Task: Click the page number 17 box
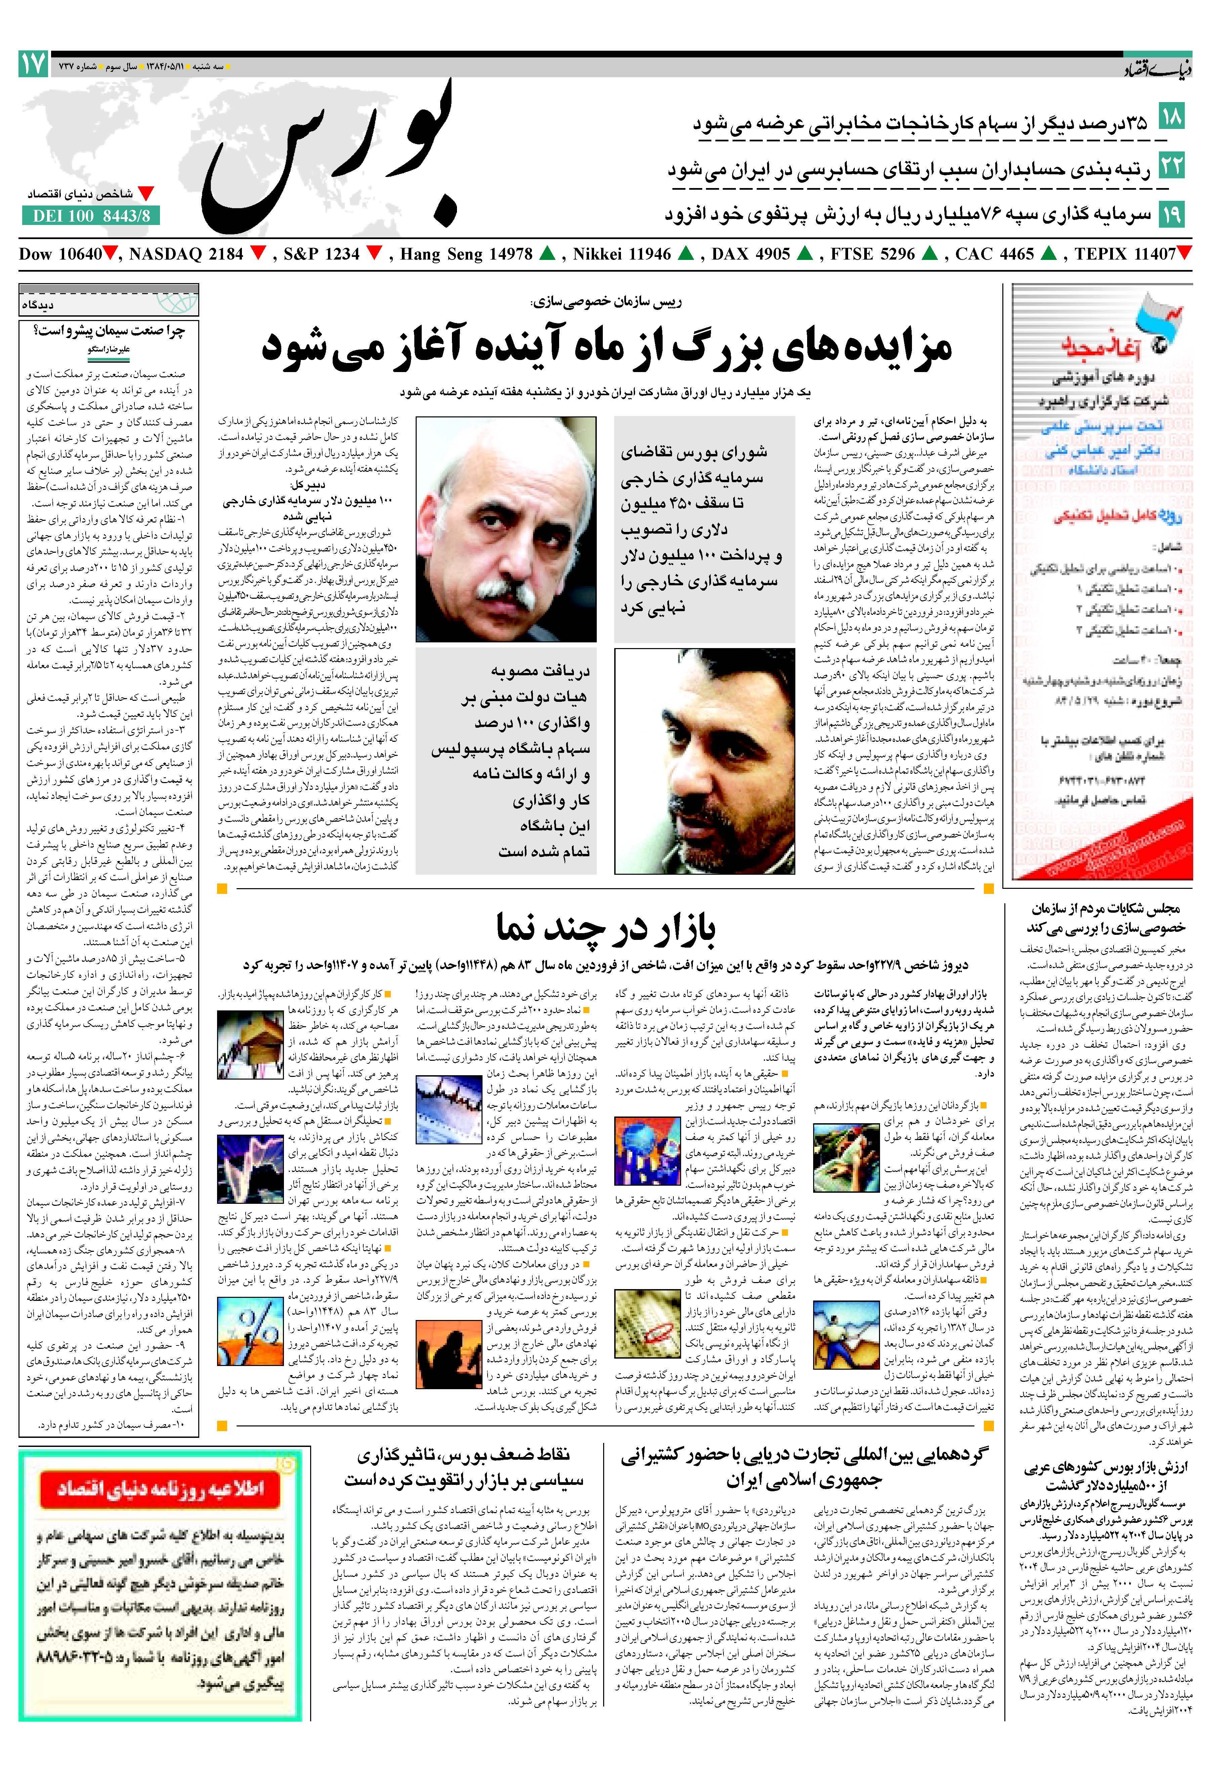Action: [x=34, y=64]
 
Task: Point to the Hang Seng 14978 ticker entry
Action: [x=466, y=254]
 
